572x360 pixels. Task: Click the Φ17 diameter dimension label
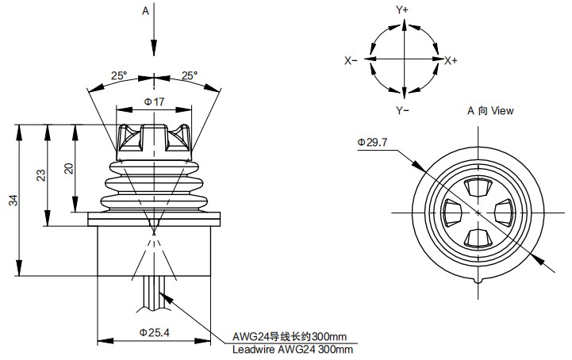pos(154,101)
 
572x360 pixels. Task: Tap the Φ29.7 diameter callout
pos(372,142)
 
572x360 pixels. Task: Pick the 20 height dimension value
pos(70,168)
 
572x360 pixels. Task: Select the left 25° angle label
pos(118,76)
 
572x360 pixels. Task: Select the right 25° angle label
pos(190,76)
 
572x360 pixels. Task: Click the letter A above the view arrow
pos(145,10)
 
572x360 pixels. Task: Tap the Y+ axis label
pos(402,10)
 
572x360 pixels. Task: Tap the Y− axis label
pos(402,109)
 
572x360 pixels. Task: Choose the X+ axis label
pos(451,60)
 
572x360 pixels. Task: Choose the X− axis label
pos(351,60)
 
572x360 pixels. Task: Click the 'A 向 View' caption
pos(489,111)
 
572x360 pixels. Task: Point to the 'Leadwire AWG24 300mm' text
pos(293,349)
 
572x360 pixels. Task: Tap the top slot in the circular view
pos(478,187)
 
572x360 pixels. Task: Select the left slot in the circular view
pos(452,213)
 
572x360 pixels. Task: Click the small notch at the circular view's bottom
pos(478,279)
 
